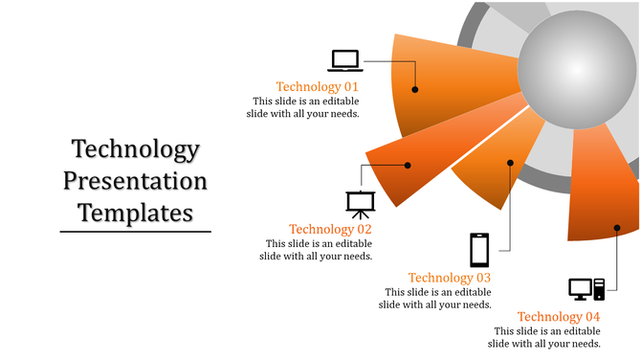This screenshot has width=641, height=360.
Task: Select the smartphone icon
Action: point(479,250)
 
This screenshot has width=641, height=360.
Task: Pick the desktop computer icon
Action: point(586,288)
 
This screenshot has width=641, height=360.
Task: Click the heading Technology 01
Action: point(318,86)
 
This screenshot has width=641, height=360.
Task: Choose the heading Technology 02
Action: point(330,229)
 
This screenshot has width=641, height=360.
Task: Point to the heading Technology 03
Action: point(450,278)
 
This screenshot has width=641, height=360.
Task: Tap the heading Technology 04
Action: point(559,317)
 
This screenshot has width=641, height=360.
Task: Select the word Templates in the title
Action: point(135,211)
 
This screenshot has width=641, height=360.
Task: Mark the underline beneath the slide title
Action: point(135,231)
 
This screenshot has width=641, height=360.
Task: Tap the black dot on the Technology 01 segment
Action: point(415,89)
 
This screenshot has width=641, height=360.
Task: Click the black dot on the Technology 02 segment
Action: point(408,166)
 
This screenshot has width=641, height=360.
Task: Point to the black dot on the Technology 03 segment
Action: point(511,163)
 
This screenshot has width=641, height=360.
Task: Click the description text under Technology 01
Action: point(306,106)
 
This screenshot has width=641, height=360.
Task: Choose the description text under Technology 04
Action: point(544,337)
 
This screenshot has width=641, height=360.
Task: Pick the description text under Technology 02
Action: point(319,249)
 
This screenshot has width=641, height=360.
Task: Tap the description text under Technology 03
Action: point(436,298)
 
